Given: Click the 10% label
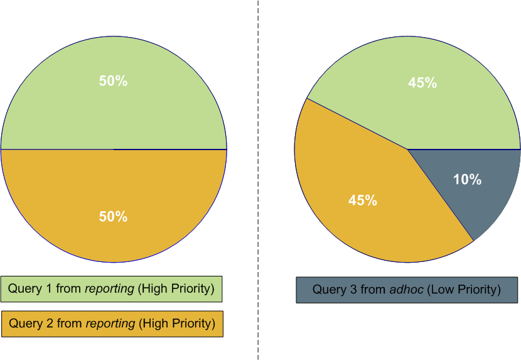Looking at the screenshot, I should pyautogui.click(x=467, y=180).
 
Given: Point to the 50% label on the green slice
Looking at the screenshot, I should pyautogui.click(x=113, y=81).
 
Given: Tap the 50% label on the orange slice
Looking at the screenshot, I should pyautogui.click(x=113, y=217).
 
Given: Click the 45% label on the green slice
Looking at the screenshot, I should pyautogui.click(x=422, y=83).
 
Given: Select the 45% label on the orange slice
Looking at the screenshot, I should pyautogui.click(x=363, y=200).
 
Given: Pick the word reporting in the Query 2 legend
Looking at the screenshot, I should pyautogui.click(x=110, y=324).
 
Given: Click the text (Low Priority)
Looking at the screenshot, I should pyautogui.click(x=461, y=290).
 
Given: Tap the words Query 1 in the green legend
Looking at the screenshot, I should pyautogui.click(x=30, y=289).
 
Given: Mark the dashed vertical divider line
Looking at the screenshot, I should pyautogui.click(x=258, y=188).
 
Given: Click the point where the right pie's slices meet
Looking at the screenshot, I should pyautogui.click(x=408, y=150).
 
